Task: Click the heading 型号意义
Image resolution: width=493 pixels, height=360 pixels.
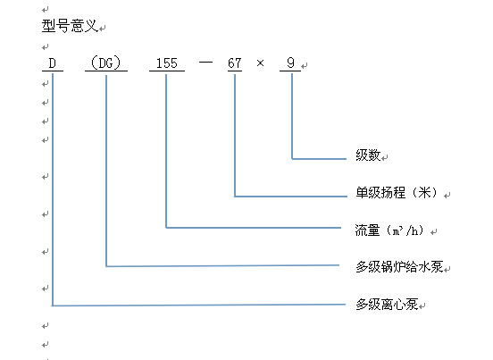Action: pyautogui.click(x=70, y=26)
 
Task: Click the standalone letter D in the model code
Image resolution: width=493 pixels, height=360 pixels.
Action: pyautogui.click(x=53, y=63)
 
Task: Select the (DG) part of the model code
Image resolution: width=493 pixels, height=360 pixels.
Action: pyautogui.click(x=106, y=63)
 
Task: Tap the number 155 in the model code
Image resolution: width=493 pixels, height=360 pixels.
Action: pyautogui.click(x=167, y=63)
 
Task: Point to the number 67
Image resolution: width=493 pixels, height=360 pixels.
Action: pyautogui.click(x=235, y=63)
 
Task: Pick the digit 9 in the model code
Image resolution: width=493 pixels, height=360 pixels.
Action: pyautogui.click(x=290, y=63)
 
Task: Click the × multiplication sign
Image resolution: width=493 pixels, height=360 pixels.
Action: pyautogui.click(x=260, y=63)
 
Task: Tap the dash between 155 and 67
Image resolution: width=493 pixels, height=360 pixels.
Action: pyautogui.click(x=205, y=62)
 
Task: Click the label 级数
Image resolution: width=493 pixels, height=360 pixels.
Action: pyautogui.click(x=368, y=155)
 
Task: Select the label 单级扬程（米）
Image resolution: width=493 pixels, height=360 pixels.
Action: pyautogui.click(x=397, y=192)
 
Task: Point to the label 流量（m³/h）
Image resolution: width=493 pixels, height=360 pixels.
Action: pyautogui.click(x=389, y=230)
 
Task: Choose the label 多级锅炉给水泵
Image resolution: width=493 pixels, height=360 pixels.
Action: pyautogui.click(x=399, y=266)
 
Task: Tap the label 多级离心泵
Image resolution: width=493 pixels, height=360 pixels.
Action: pyautogui.click(x=387, y=304)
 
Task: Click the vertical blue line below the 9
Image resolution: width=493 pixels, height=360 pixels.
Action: pyautogui.click(x=292, y=116)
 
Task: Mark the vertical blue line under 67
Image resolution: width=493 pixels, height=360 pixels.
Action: pyautogui.click(x=235, y=136)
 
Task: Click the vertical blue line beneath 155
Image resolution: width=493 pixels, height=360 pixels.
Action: pyautogui.click(x=166, y=151)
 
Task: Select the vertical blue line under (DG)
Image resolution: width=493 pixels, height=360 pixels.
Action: pyautogui.click(x=106, y=171)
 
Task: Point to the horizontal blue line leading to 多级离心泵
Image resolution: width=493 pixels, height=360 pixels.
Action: pyautogui.click(x=198, y=305)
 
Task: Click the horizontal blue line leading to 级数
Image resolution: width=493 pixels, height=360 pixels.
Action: pyautogui.click(x=319, y=159)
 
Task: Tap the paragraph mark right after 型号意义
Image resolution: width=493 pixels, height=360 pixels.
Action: pyautogui.click(x=103, y=29)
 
